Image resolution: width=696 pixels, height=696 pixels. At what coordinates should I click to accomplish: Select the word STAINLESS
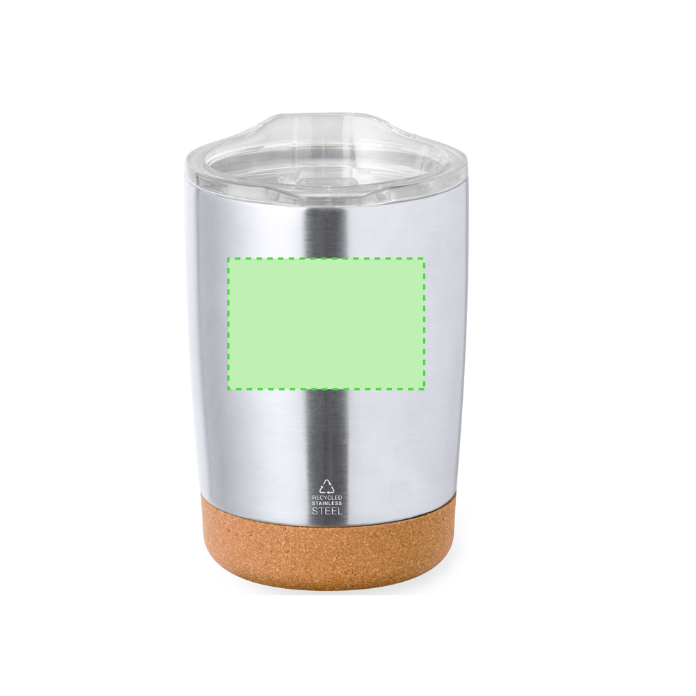(327, 503)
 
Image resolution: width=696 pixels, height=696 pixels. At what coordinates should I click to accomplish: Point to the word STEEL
(327, 511)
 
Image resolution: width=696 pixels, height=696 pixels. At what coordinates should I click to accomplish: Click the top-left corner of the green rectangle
(228, 258)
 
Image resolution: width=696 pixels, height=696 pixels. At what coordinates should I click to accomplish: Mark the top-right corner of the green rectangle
(425, 258)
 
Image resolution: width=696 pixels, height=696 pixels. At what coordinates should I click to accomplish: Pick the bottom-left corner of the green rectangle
(228, 388)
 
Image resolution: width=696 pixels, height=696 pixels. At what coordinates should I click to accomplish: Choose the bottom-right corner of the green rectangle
(425, 388)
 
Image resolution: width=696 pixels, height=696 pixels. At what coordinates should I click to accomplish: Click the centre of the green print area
(326, 323)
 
